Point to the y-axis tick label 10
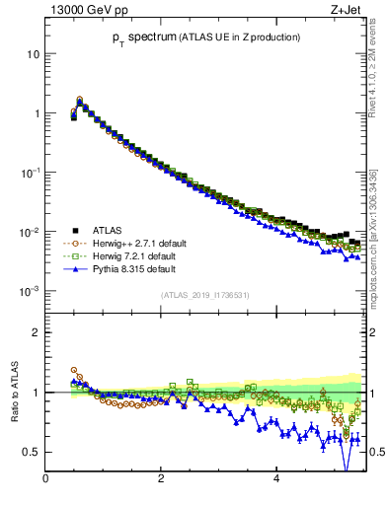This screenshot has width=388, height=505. pyautogui.click(x=33, y=53)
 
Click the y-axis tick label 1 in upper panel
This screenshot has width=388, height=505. pyautogui.click(x=37, y=113)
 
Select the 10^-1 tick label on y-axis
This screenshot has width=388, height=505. pyautogui.click(x=31, y=172)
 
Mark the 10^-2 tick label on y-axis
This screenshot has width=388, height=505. pyautogui.click(x=31, y=232)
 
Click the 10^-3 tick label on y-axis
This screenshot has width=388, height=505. pyautogui.click(x=31, y=291)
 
